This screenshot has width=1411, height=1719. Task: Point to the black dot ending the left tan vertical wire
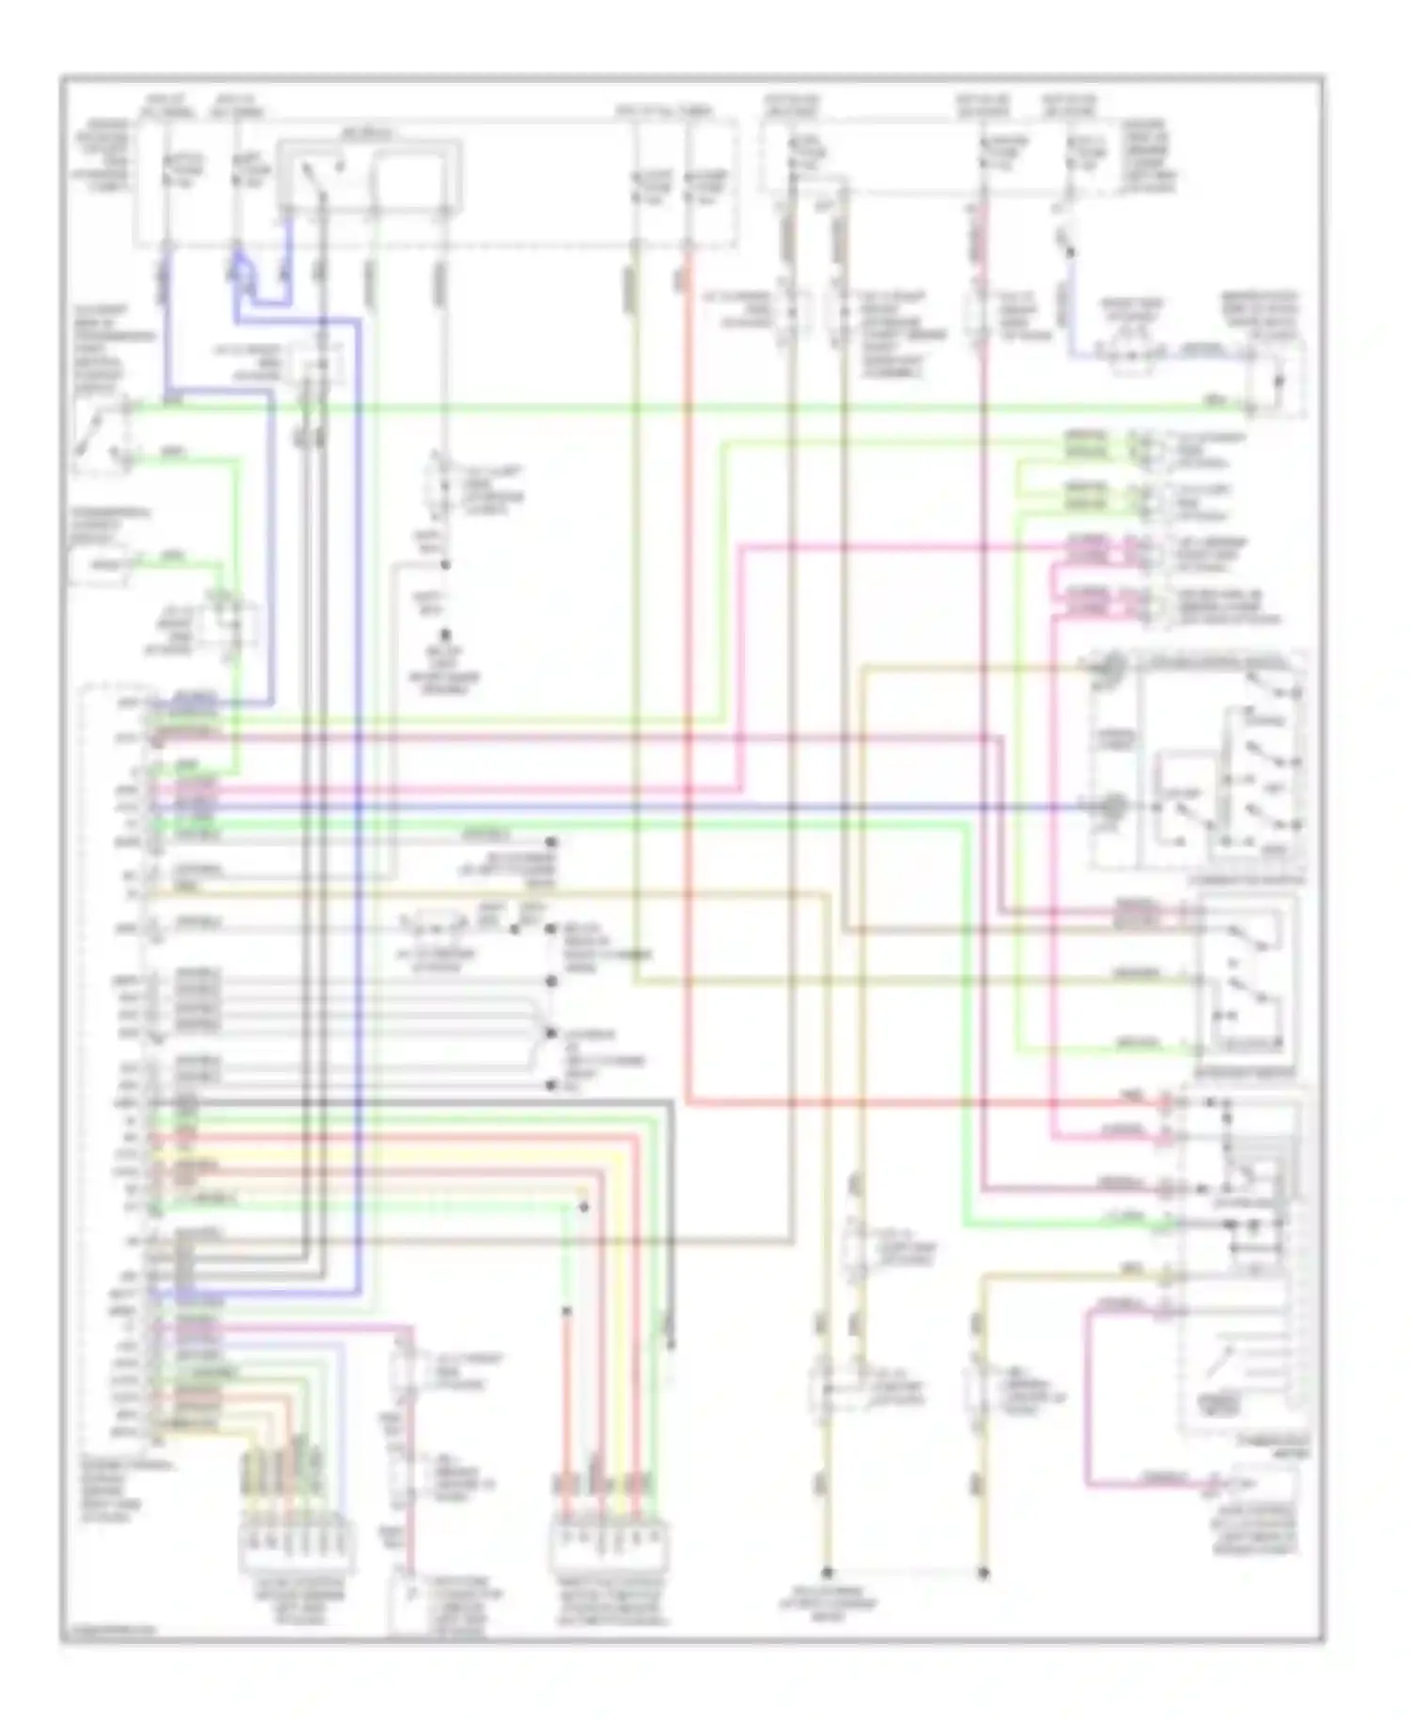[x=827, y=1571]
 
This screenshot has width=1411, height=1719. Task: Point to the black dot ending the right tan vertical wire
[x=983, y=1571]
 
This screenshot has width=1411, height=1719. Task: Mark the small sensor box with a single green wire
[x=99, y=564]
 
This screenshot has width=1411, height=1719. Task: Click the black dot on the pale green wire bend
[x=584, y=1206]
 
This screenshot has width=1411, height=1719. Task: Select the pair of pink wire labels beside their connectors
[x=1088, y=549]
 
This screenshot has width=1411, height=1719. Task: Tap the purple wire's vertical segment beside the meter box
[x=1087, y=1392]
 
